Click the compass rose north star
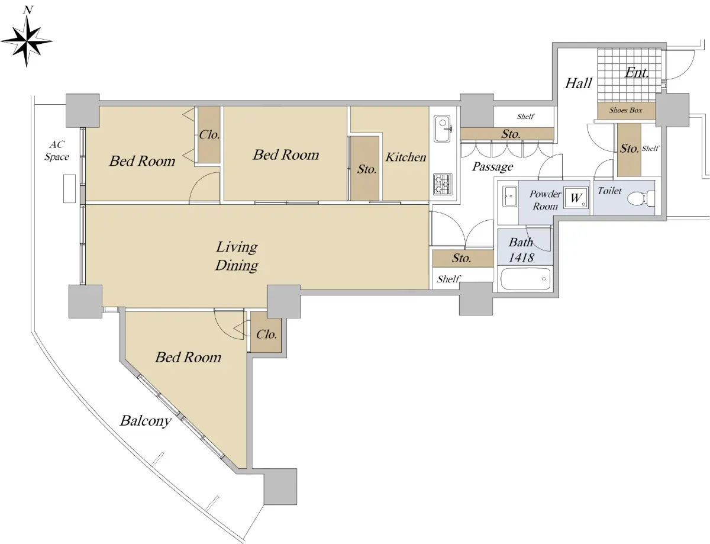click(27, 41)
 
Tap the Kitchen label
click(405, 157)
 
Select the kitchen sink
click(443, 128)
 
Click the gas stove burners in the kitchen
click(443, 184)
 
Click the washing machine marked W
click(576, 198)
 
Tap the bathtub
click(525, 279)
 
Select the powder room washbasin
click(509, 197)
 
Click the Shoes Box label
click(625, 110)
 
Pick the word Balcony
click(146, 421)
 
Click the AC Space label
click(57, 150)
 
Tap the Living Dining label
click(237, 256)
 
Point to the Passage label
click(492, 166)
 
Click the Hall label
click(578, 83)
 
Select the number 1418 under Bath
click(521, 257)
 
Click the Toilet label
click(609, 191)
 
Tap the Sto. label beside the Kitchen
click(367, 169)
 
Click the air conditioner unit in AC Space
click(69, 188)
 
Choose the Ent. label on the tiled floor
click(637, 73)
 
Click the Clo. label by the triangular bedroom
click(266, 334)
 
